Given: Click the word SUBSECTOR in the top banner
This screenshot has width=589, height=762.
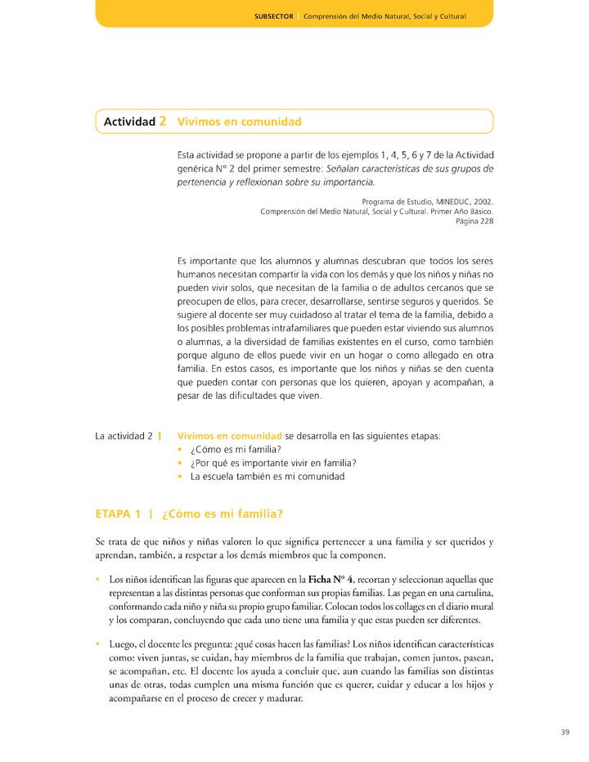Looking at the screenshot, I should pyautogui.click(x=273, y=16).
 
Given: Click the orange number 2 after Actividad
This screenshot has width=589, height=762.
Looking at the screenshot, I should pyautogui.click(x=163, y=122).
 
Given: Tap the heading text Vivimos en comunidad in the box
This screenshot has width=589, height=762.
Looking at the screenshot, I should pyautogui.click(x=239, y=122).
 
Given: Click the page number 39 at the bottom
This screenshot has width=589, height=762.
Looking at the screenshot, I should pyautogui.click(x=564, y=732).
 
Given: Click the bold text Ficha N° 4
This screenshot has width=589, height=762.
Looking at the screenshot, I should pyautogui.click(x=335, y=579).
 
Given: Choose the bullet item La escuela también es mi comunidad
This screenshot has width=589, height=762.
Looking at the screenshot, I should pyautogui.click(x=268, y=476).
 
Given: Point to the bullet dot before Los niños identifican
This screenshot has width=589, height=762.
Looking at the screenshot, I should pyautogui.click(x=99, y=579).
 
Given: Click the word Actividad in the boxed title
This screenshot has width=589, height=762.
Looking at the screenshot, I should pyautogui.click(x=129, y=122).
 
